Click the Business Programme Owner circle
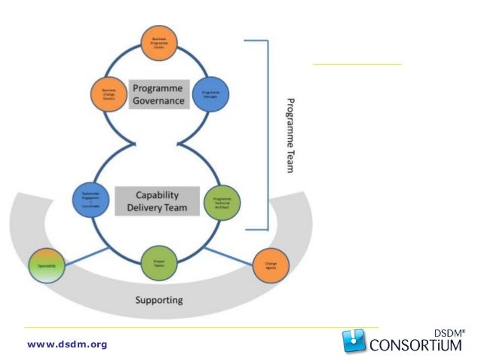pyautogui.click(x=160, y=44)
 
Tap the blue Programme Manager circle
pyautogui.click(x=210, y=94)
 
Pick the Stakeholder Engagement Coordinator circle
pyautogui.click(x=90, y=199)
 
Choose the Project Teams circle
pyautogui.click(x=159, y=263)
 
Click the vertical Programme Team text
pyautogui.click(x=290, y=135)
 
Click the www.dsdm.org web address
pyautogui.click(x=67, y=344)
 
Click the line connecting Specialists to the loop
pyautogui.click(x=97, y=250)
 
